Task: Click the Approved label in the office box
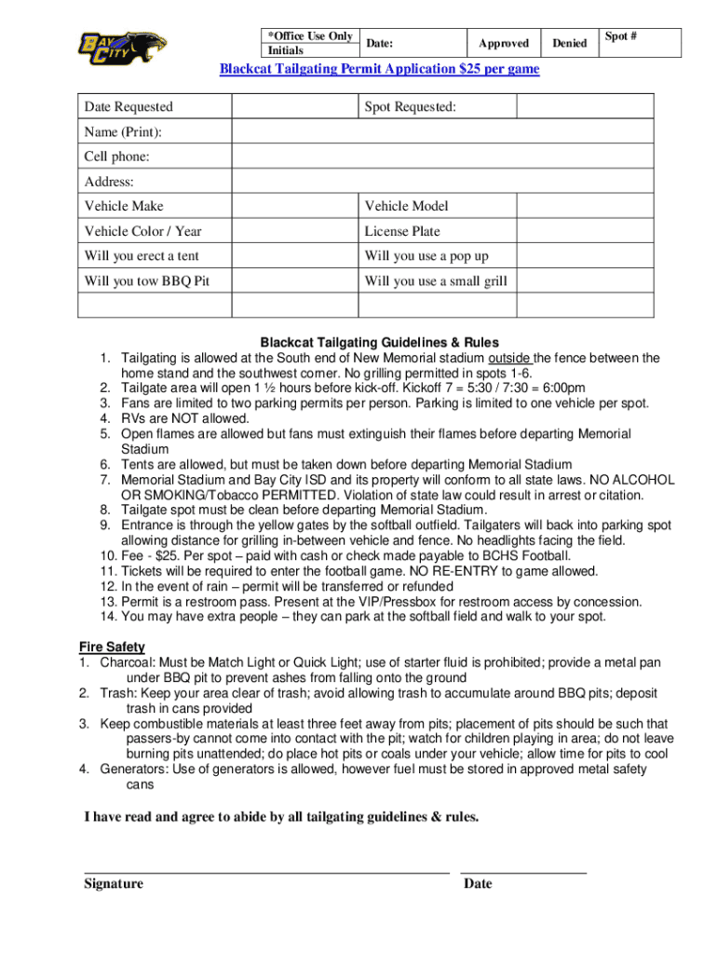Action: (x=503, y=43)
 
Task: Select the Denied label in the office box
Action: (x=569, y=43)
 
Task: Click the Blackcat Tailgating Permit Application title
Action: (x=379, y=69)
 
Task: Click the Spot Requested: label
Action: (x=411, y=107)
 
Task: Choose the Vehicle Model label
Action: (x=406, y=206)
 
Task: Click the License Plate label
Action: (x=402, y=231)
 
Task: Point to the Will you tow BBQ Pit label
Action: (x=140, y=280)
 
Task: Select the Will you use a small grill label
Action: (x=436, y=280)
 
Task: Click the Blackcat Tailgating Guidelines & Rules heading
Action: (x=379, y=343)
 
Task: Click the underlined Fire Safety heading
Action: (x=111, y=647)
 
